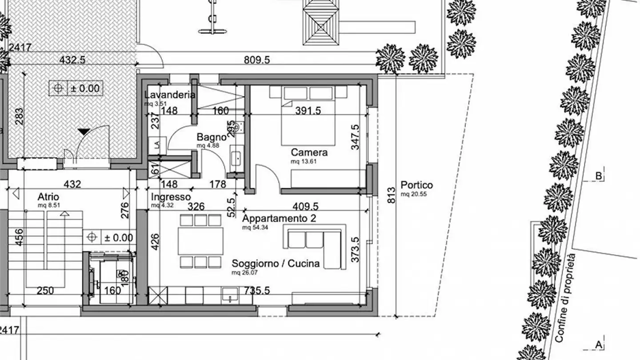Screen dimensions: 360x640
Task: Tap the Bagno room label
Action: click(x=211, y=137)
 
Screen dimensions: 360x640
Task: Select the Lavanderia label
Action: click(x=170, y=95)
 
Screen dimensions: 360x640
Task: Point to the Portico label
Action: click(x=416, y=185)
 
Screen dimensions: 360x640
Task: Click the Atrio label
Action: click(x=48, y=196)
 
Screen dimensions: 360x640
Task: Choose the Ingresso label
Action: click(x=171, y=197)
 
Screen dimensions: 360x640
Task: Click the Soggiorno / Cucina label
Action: click(x=276, y=264)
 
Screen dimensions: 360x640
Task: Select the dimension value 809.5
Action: click(x=257, y=60)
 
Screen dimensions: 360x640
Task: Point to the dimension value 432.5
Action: click(x=72, y=60)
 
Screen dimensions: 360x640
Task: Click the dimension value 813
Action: click(x=391, y=196)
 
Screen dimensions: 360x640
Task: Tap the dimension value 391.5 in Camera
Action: click(x=308, y=111)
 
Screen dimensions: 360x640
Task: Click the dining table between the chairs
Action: click(x=200, y=240)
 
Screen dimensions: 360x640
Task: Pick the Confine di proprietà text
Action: click(x=565, y=298)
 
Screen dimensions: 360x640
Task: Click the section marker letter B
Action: click(x=599, y=176)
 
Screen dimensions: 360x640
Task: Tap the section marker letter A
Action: click(x=599, y=344)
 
